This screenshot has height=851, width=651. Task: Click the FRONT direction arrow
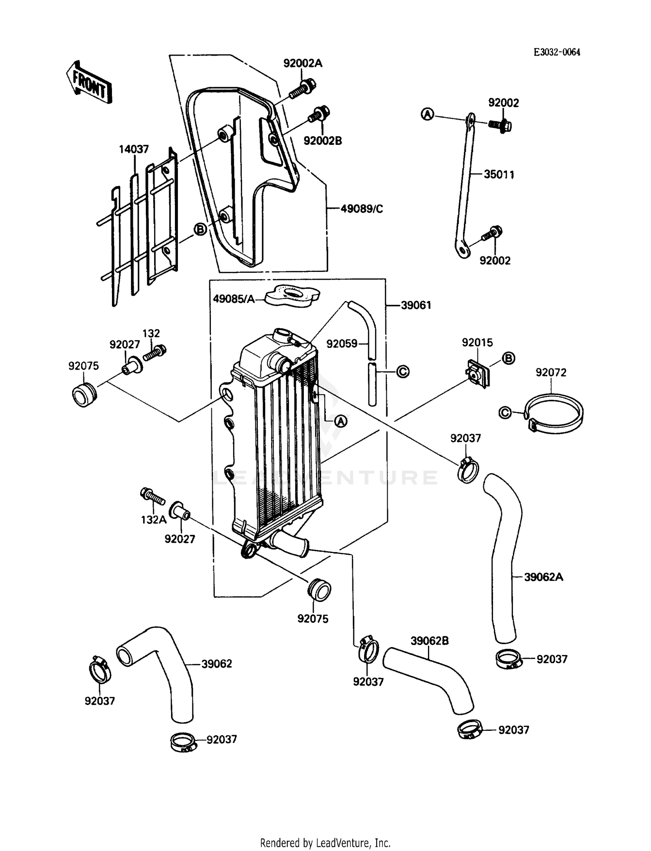coord(89,82)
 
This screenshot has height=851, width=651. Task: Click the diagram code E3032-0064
coord(556,52)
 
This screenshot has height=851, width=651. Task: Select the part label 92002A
coord(302,63)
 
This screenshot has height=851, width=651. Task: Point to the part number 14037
coord(134,149)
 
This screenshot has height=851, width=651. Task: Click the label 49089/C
coord(362,209)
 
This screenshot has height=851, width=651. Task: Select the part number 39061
coord(416,305)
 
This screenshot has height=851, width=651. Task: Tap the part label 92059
coord(342,344)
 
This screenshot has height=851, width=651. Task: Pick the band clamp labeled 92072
coord(554,413)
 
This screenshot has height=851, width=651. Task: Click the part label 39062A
coord(543,577)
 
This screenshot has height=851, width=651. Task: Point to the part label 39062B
coord(429,641)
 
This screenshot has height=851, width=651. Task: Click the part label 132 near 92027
coord(151,333)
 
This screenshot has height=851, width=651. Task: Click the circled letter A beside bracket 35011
coord(427,115)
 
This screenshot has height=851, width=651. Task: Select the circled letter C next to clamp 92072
coord(505,412)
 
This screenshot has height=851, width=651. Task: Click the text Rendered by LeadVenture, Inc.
coord(325,843)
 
